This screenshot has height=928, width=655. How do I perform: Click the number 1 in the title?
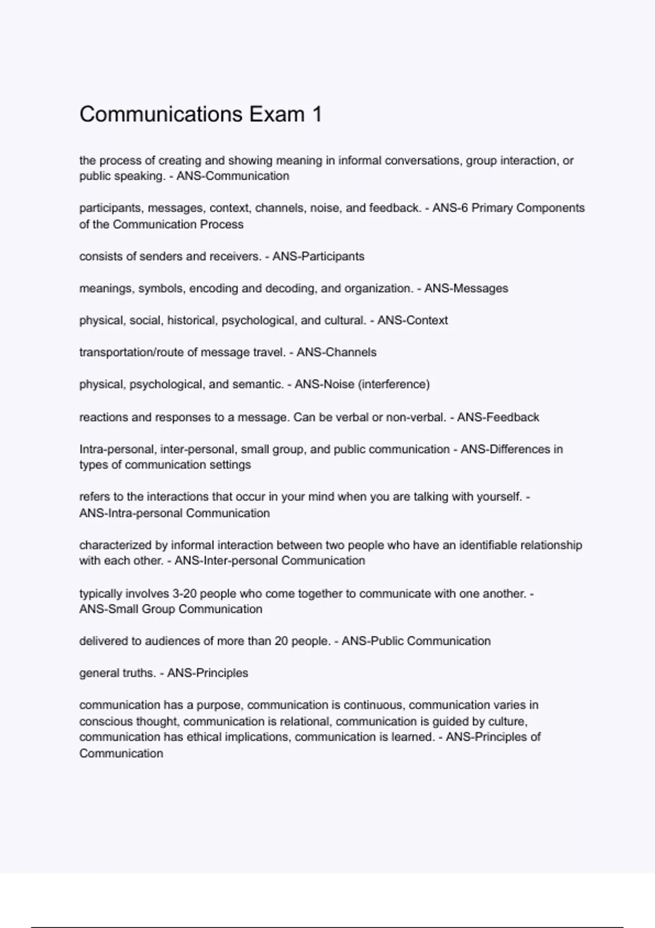[317, 115]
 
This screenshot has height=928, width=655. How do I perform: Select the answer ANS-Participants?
[318, 257]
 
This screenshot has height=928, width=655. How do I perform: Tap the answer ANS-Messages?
[466, 288]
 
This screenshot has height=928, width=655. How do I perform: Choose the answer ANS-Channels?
[336, 352]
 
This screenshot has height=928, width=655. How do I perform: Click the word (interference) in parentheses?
[394, 384]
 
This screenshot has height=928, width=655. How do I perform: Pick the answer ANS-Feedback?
[498, 418]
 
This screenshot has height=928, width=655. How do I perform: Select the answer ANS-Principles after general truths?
[207, 673]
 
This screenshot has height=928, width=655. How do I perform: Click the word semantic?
[258, 384]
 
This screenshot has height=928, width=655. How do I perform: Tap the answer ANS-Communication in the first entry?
[233, 176]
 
